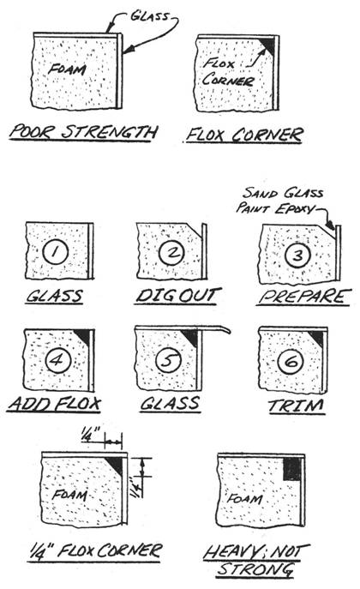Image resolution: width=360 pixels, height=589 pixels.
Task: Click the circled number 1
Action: click(55, 251)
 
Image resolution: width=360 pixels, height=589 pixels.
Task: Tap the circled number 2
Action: click(172, 253)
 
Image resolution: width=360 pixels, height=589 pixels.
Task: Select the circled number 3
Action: click(297, 255)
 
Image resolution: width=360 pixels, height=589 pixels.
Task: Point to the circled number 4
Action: click(58, 360)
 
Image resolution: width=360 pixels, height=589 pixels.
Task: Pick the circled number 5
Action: click(169, 360)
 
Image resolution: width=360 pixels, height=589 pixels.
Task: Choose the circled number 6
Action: click(291, 362)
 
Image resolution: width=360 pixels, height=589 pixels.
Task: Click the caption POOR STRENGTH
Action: click(83, 132)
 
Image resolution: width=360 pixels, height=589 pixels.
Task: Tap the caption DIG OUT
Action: click(178, 296)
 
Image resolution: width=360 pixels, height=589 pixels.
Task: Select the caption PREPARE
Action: click(304, 298)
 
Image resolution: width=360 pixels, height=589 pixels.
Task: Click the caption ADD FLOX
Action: click(55, 404)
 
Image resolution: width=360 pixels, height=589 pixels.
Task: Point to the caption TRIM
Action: click(296, 406)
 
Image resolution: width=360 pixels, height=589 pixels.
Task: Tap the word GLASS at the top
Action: click(150, 16)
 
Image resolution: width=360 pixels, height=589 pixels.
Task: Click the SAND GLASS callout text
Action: click(283, 193)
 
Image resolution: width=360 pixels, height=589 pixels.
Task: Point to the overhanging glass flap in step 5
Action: click(217, 330)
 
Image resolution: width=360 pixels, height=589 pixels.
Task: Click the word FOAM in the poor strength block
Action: click(67, 69)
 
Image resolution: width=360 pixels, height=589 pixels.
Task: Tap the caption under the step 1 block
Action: click(55, 297)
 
